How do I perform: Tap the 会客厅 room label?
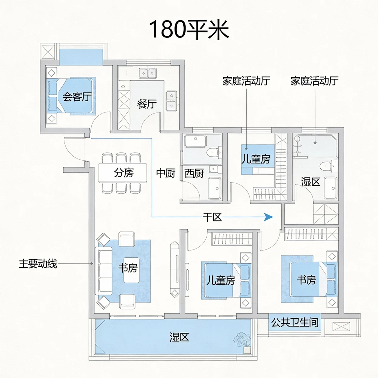point(77,96)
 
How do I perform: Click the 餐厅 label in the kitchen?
point(147,103)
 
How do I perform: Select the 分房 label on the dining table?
point(124,172)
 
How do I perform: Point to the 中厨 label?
point(166,173)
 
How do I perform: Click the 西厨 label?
point(194,173)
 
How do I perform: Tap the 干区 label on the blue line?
point(212,217)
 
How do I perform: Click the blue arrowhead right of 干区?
point(268,217)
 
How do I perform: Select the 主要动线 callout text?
point(38,263)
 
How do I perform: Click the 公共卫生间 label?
point(295,322)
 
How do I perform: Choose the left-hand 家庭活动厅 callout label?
point(246,81)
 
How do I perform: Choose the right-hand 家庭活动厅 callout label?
point(314,81)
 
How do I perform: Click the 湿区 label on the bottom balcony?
point(179,337)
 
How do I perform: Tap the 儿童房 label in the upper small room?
point(256,159)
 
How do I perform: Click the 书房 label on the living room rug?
point(128,268)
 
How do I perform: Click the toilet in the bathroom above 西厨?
point(214,152)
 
